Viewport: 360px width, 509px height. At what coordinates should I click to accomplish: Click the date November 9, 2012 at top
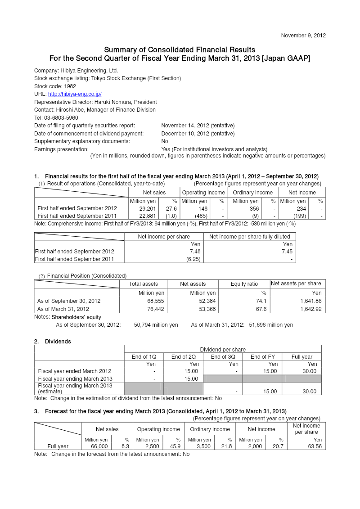(303, 35)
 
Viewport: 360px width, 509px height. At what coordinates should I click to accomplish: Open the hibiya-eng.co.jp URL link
(75, 94)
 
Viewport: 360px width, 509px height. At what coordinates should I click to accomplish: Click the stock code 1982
(70, 86)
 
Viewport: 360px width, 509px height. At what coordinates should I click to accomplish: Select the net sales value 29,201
(147, 209)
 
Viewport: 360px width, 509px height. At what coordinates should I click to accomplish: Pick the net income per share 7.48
(194, 252)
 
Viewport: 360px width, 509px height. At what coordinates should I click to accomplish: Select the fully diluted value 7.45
(286, 252)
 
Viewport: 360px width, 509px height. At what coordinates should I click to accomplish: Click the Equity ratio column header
(244, 284)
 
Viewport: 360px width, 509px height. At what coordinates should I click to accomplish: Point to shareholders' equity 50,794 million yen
(156, 325)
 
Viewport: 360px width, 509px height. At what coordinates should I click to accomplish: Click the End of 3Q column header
(223, 357)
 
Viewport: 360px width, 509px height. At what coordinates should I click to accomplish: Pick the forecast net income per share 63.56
(314, 446)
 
